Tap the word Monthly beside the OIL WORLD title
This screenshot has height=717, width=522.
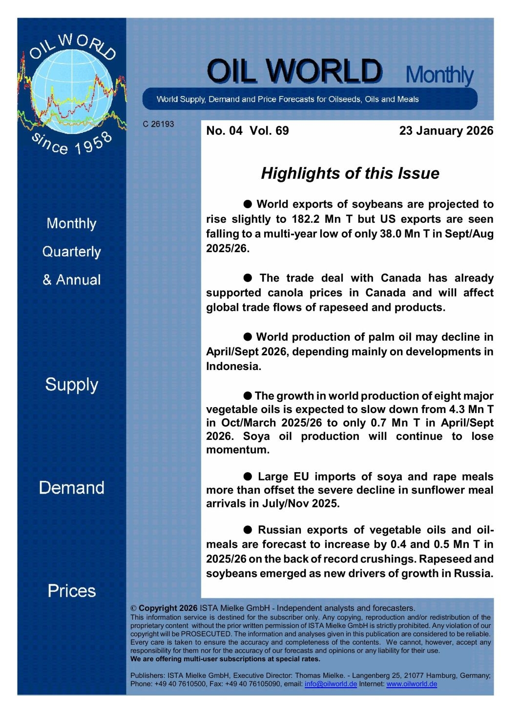[439, 74]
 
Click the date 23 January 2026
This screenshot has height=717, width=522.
[446, 130]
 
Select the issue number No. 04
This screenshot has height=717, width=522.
[224, 130]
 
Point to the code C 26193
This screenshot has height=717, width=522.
[158, 124]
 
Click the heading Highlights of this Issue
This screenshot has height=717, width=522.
[350, 173]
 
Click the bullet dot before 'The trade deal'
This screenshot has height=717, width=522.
[248, 278]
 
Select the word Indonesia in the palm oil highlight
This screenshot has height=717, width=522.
[233, 367]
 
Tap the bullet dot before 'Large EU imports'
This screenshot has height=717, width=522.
[248, 477]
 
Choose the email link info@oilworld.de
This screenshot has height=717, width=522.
[331, 684]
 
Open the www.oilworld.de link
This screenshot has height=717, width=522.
[411, 684]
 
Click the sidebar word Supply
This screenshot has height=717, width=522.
[71, 385]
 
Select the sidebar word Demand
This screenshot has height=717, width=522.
[71, 488]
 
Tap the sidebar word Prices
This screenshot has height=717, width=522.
[71, 591]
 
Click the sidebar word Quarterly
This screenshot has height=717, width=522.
[71, 252]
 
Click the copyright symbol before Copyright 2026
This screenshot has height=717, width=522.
[133, 608]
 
